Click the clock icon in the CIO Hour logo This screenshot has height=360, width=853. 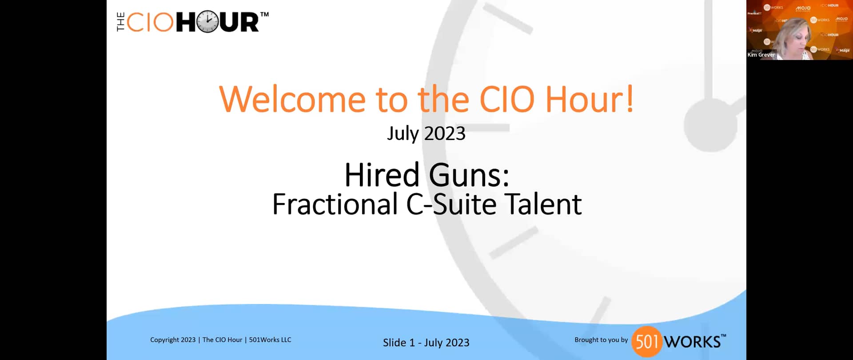click(x=207, y=22)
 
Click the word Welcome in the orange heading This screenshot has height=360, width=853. click(x=292, y=99)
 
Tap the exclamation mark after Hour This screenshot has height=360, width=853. click(x=630, y=99)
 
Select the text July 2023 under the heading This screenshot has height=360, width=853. click(x=426, y=133)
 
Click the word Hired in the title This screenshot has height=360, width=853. click(x=382, y=175)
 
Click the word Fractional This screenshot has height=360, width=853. click(x=335, y=204)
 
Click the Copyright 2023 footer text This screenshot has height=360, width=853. click(x=173, y=340)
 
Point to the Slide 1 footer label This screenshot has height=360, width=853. click(x=399, y=343)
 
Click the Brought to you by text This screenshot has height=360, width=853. click(x=601, y=340)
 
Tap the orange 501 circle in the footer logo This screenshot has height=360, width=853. click(x=647, y=341)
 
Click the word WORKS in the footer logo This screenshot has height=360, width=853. click(x=692, y=342)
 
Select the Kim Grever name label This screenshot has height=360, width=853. click(x=761, y=55)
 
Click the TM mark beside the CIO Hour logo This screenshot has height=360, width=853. click(x=264, y=15)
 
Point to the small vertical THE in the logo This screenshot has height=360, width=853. click(x=120, y=22)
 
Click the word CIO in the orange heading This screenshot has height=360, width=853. click(x=506, y=99)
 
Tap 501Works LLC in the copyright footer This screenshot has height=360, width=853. click(x=270, y=340)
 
